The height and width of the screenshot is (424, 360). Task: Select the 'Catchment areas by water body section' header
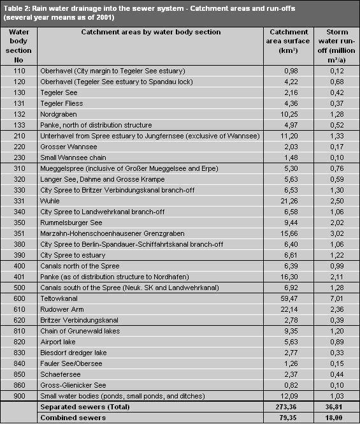[x=130, y=32]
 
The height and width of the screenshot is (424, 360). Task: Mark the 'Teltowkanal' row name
[x=59, y=298]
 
